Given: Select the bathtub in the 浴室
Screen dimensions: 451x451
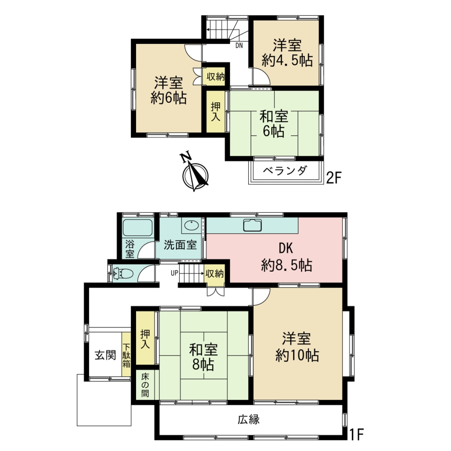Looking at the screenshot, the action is click(137, 228).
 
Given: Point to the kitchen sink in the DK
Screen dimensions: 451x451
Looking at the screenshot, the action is click(252, 225).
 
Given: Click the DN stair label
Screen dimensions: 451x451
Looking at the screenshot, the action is click(239, 45).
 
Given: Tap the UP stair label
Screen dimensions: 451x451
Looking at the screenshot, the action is click(174, 273).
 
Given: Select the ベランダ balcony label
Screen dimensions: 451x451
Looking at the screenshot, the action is click(285, 171).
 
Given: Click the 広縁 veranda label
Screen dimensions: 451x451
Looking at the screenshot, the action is click(248, 420).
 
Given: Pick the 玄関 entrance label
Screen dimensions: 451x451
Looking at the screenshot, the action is click(105, 355).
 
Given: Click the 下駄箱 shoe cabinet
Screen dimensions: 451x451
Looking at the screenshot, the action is click(126, 355).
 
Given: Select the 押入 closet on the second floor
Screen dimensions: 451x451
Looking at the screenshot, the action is click(215, 111).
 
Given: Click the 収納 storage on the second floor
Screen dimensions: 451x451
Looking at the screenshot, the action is click(216, 77).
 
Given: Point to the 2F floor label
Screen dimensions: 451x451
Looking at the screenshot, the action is click(334, 178).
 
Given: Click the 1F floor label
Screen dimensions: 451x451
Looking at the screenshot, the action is click(356, 434).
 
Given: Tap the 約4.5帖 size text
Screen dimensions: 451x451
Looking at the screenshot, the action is click(287, 61).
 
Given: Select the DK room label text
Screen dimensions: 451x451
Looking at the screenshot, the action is click(285, 248).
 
